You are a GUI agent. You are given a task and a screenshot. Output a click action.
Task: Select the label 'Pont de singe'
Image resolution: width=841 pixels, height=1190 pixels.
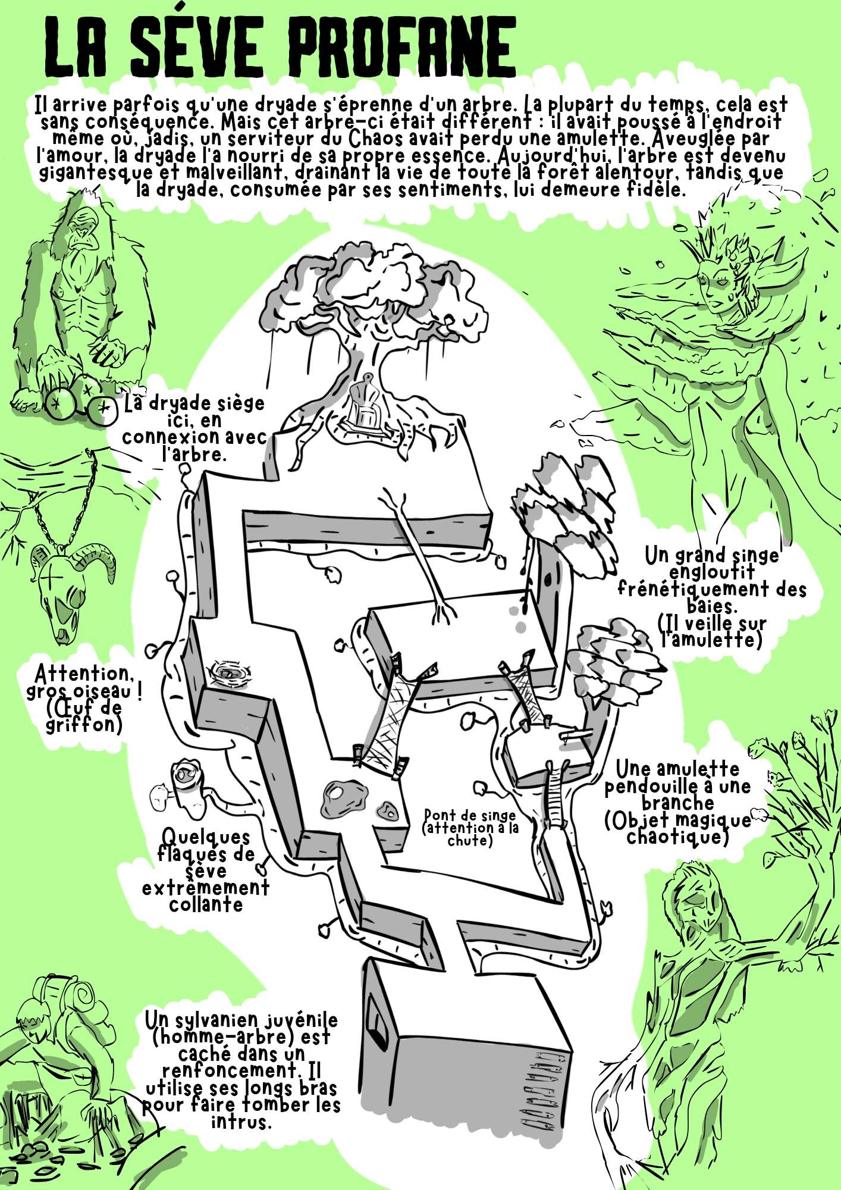pos(469,815)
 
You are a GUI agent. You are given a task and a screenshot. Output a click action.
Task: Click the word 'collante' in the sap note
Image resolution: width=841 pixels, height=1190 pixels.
pos(206,904)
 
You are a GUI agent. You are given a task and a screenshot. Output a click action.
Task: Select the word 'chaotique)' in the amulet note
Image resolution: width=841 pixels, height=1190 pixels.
pos(677,837)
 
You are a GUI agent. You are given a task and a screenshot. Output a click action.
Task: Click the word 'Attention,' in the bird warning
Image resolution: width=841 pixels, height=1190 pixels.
pos(82,675)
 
